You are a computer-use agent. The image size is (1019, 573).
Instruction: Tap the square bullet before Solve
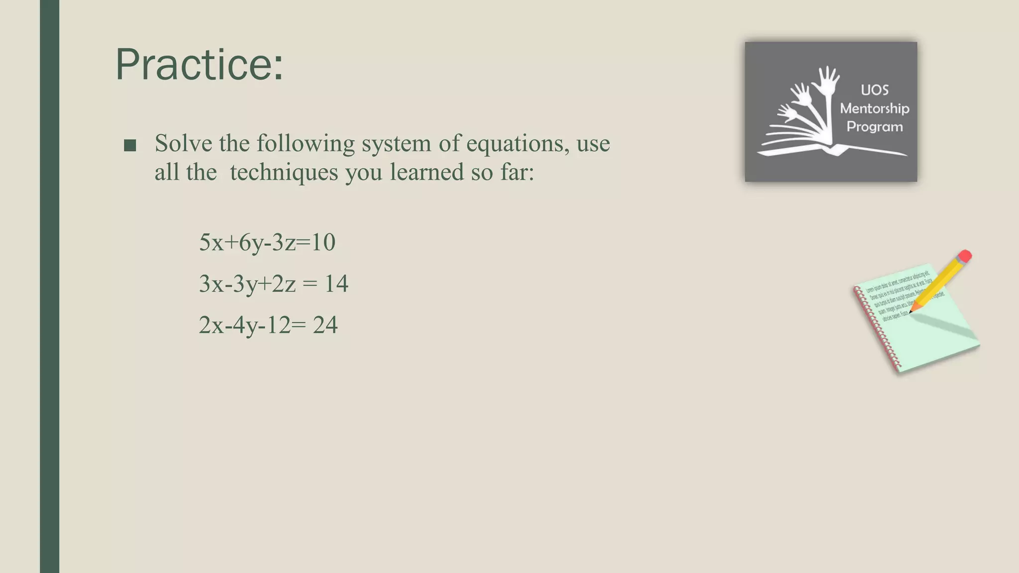tap(130, 145)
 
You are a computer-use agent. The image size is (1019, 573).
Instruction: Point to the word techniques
tap(284, 173)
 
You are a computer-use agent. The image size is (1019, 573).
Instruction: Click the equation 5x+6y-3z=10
tap(267, 243)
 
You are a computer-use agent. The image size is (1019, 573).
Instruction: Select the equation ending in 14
tap(273, 284)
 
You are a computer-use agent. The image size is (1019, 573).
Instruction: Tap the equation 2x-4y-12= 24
tap(268, 325)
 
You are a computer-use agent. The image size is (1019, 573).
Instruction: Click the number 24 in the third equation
tap(325, 325)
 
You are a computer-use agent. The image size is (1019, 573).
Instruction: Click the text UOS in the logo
tap(874, 90)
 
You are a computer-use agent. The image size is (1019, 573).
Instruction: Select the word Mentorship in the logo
tap(874, 108)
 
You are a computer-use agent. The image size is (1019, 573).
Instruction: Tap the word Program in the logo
tap(874, 127)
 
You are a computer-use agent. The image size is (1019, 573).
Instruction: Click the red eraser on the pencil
tap(964, 256)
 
